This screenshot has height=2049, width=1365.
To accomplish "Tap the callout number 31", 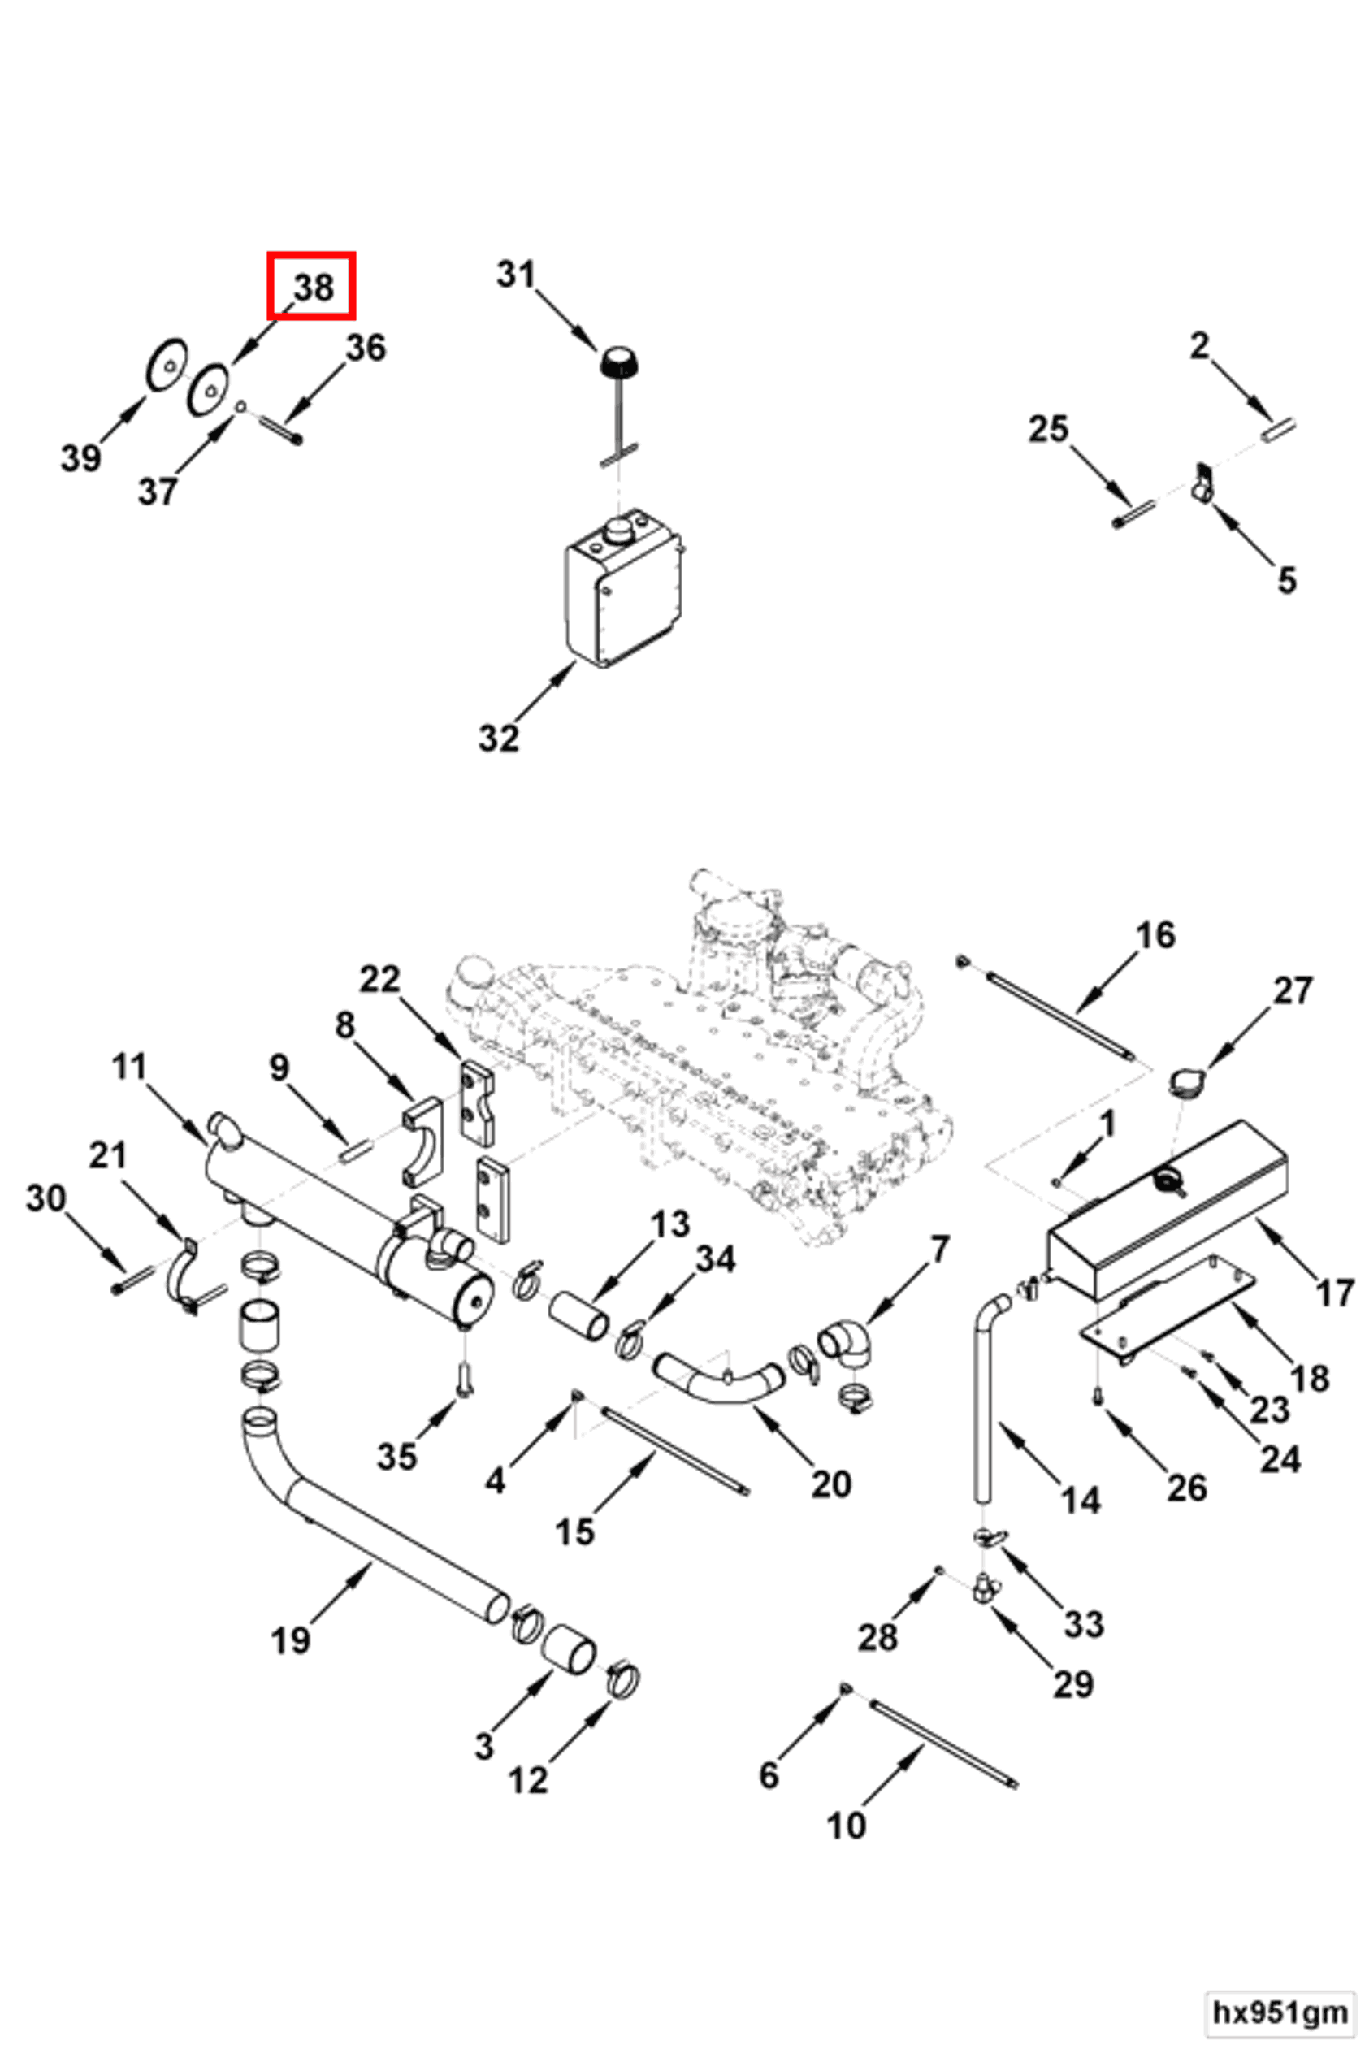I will tap(516, 275).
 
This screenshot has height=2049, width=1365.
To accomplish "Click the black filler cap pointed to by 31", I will tap(617, 361).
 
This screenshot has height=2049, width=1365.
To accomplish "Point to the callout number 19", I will tap(291, 1641).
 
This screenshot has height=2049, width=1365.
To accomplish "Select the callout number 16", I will tap(1156, 936).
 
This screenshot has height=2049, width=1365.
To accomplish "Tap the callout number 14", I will tap(1081, 1501).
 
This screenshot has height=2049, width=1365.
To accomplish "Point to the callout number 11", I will tap(130, 1067).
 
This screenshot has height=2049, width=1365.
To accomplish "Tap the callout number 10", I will tap(846, 1826).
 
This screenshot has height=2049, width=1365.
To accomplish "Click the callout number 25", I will tap(1048, 429).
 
